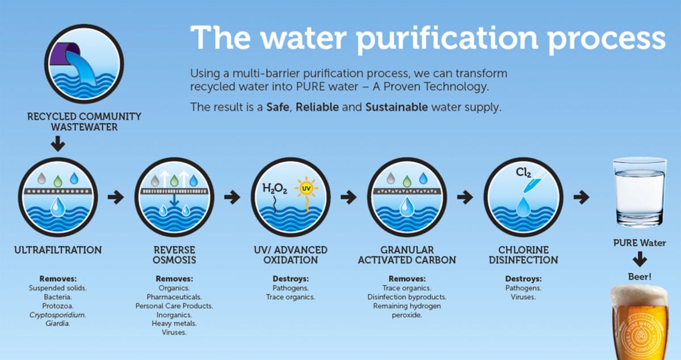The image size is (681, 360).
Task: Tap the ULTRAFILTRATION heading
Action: pyautogui.click(x=58, y=250)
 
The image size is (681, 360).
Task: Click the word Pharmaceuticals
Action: pyautogui.click(x=174, y=297)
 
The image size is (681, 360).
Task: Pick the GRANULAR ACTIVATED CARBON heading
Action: pyautogui.click(x=407, y=255)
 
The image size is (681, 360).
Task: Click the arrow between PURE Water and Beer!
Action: pyautogui.click(x=640, y=260)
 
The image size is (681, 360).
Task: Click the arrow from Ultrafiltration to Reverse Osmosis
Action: pyautogui.click(x=115, y=198)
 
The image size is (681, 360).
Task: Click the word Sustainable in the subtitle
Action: pyautogui.click(x=397, y=107)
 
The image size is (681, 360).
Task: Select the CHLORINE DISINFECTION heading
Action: pyautogui.click(x=523, y=255)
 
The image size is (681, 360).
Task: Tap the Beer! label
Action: pyautogui.click(x=640, y=277)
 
